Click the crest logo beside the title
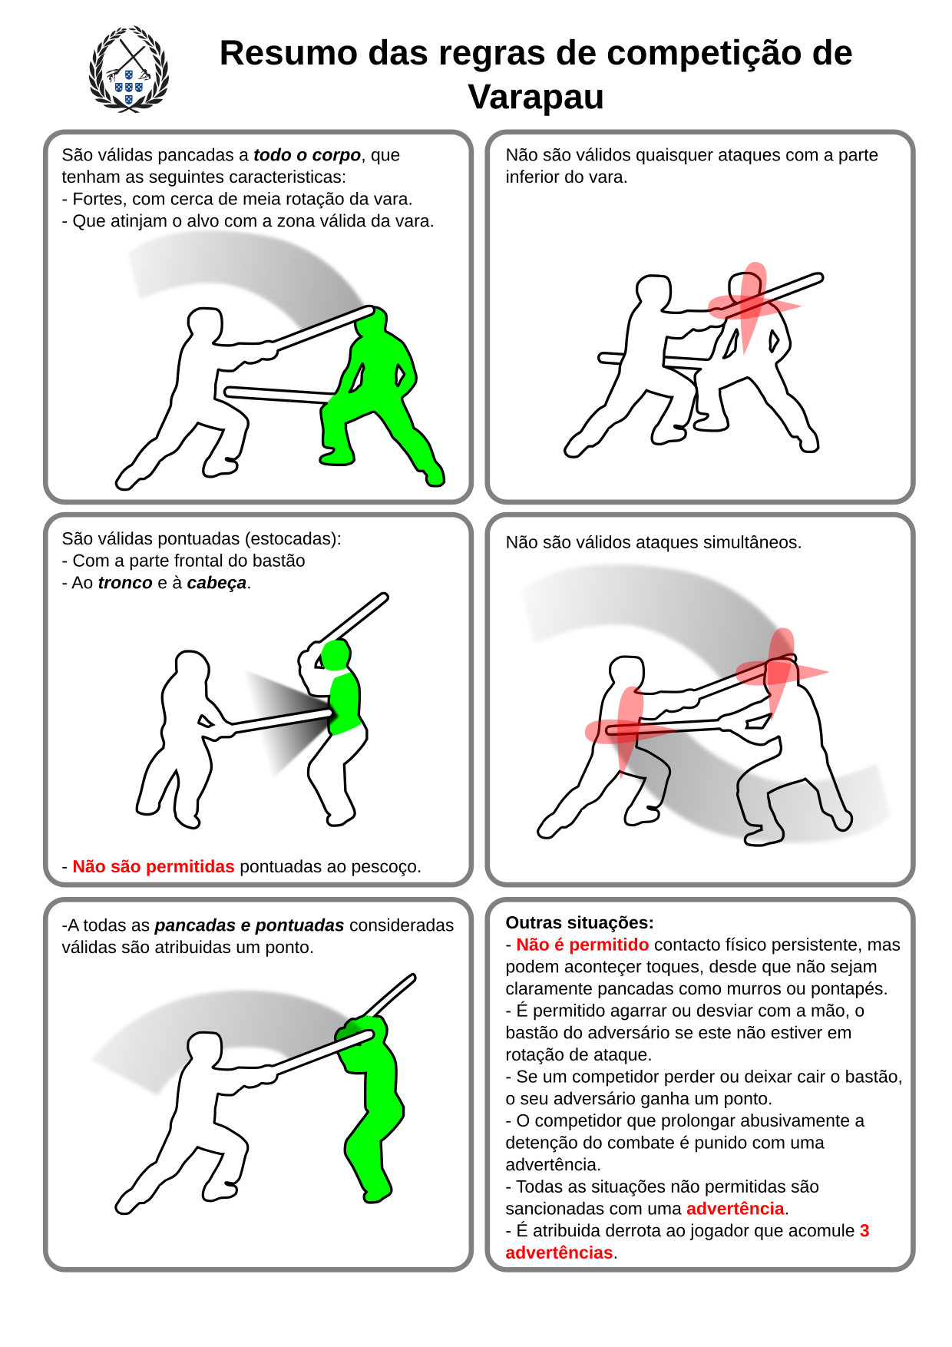[128, 70]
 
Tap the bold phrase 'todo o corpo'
[307, 155]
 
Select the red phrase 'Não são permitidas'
[154, 866]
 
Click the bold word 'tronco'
[125, 583]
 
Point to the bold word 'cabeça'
[217, 583]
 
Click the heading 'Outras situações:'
[580, 922]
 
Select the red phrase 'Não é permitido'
[582, 945]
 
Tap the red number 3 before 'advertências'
[864, 1230]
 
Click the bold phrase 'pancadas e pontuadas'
[250, 925]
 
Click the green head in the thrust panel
[336, 655]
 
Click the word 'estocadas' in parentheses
[296, 539]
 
